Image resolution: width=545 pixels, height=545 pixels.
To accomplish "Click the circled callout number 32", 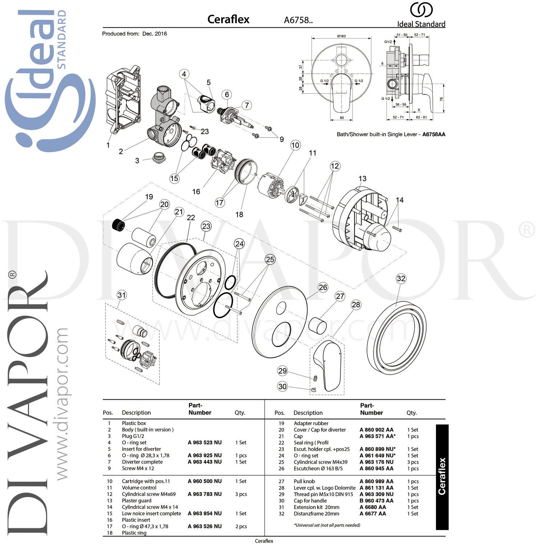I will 401,279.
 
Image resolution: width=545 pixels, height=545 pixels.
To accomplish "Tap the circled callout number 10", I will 295,145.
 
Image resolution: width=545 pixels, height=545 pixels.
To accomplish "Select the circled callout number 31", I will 122,295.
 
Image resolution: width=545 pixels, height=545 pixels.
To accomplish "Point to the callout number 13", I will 362,179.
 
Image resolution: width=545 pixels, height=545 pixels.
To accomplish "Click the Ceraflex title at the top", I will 228,19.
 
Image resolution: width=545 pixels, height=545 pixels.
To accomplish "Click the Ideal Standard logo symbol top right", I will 421,10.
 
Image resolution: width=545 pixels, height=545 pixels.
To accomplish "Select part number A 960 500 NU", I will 205,481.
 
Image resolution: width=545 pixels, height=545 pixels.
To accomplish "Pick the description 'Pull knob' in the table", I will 304,481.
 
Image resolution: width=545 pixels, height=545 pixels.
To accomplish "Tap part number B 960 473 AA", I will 376,501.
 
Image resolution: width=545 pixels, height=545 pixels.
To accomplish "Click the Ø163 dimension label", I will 341,36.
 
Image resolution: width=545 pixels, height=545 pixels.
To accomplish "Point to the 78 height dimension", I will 441,99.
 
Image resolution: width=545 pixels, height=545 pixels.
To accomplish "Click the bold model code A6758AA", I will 433,134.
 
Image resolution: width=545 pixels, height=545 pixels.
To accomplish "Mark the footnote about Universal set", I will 327,525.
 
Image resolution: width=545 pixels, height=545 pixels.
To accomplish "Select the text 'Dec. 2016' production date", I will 154,34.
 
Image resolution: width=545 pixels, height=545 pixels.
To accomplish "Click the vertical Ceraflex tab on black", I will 442,476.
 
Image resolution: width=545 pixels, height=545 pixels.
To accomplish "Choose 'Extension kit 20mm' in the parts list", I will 316,507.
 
